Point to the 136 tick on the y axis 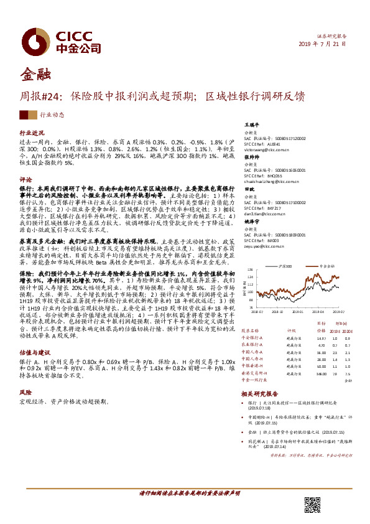click(248, 254)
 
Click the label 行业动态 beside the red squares click(52, 115)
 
